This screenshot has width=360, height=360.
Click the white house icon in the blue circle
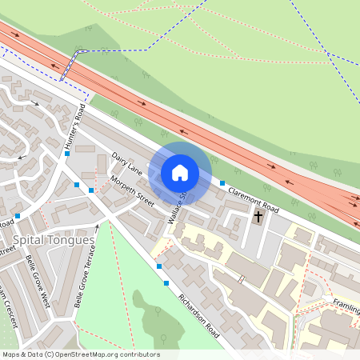point(180,172)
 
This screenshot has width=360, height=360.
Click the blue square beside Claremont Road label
point(222,183)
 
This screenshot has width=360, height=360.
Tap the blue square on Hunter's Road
point(68,153)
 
